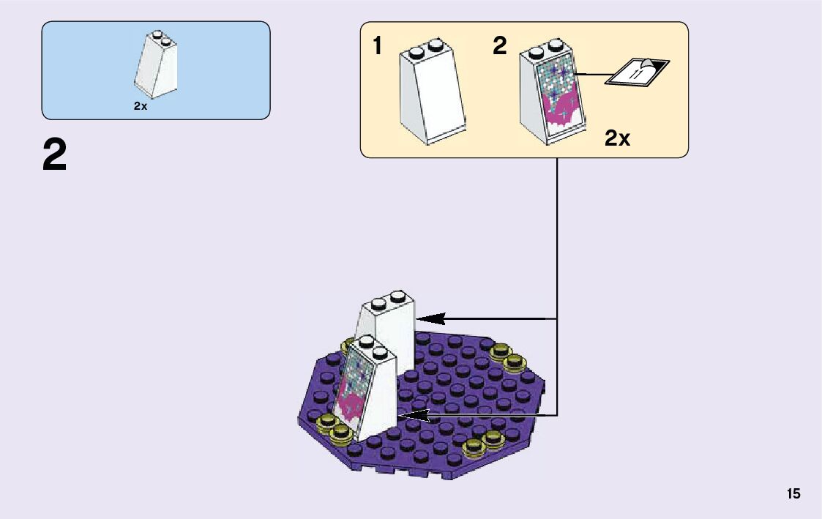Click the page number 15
tap(793, 494)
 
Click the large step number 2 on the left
tap(54, 155)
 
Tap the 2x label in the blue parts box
tap(141, 106)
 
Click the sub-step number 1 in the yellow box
tap(377, 47)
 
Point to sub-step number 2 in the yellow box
tap(499, 47)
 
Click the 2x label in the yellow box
tap(617, 138)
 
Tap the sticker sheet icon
tap(636, 72)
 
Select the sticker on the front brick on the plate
tap(349, 388)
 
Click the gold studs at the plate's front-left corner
tap(334, 427)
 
